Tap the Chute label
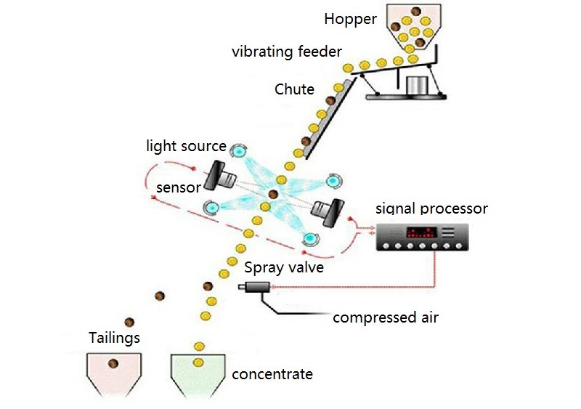pyautogui.click(x=294, y=89)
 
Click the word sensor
pyautogui.click(x=178, y=187)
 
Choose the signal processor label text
pyautogui.click(x=431, y=209)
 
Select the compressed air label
pyautogui.click(x=386, y=317)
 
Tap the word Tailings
pyautogui.click(x=114, y=337)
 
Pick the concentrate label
pyautogui.click(x=272, y=374)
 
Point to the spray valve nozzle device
pyautogui.click(x=255, y=289)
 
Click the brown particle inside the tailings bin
pyautogui.click(x=113, y=363)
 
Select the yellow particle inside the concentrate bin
pyautogui.click(x=198, y=363)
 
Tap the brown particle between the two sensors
pyautogui.click(x=274, y=194)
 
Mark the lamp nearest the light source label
pyautogui.click(x=239, y=151)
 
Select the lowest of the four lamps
pyautogui.click(x=311, y=238)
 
